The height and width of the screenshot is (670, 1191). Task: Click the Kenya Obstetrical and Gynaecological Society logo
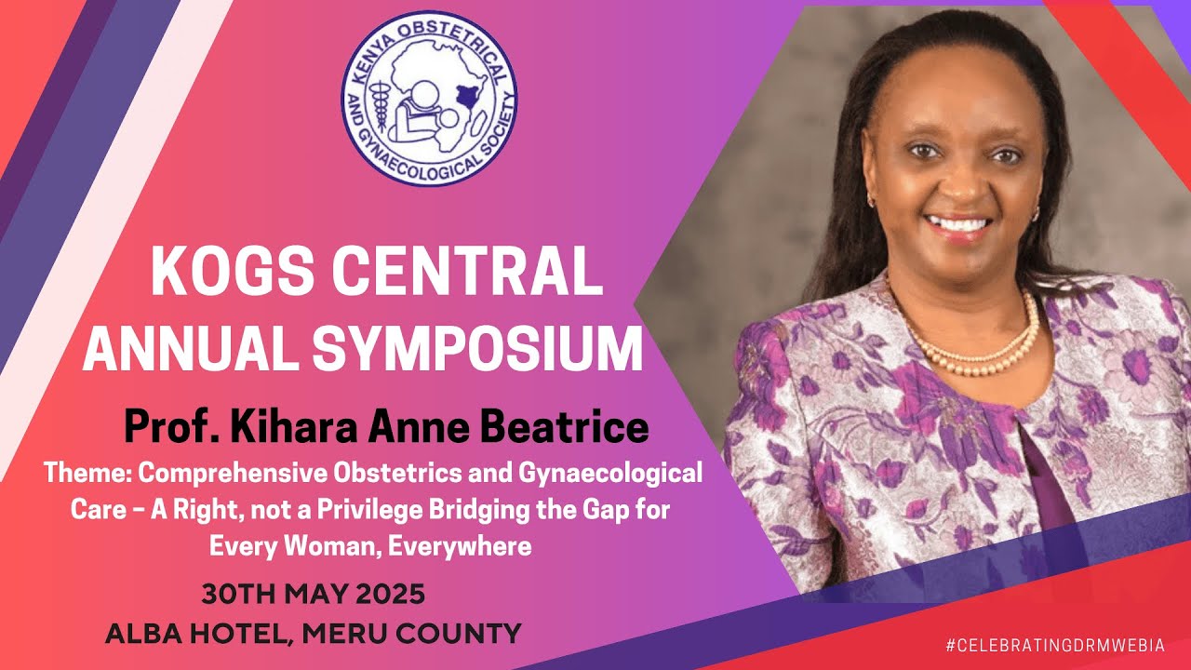pos(429,99)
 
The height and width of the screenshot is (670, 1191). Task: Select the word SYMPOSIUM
pos(476,349)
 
